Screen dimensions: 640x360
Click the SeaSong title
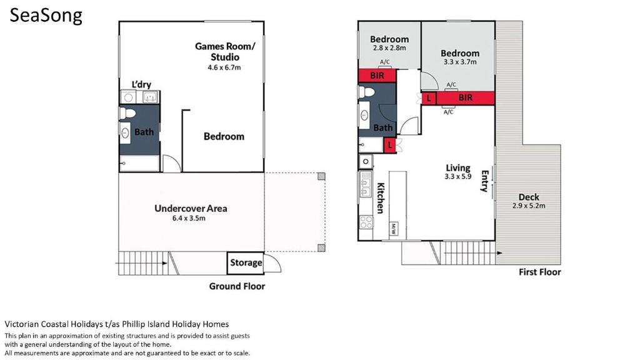(46, 16)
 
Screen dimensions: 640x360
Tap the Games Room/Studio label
(225, 51)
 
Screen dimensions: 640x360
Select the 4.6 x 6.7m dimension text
(224, 67)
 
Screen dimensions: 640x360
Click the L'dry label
(141, 84)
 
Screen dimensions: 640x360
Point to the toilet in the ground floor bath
(127, 114)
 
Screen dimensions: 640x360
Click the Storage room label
(246, 262)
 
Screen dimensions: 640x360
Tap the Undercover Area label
(191, 209)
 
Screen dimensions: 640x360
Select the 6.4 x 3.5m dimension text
(189, 218)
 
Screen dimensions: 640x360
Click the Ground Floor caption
(237, 286)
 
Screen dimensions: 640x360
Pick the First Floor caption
(539, 272)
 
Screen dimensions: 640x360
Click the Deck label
(529, 197)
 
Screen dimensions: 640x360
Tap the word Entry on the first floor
(485, 181)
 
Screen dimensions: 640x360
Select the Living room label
(458, 167)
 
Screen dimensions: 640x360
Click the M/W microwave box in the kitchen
(394, 229)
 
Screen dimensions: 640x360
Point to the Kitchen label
(380, 198)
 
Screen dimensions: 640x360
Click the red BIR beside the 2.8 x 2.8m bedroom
(377, 76)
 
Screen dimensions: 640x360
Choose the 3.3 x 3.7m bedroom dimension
(460, 62)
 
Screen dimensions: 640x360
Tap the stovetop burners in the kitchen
(366, 222)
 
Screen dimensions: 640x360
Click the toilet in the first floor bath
(366, 92)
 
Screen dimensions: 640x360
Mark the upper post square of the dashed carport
(322, 176)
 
